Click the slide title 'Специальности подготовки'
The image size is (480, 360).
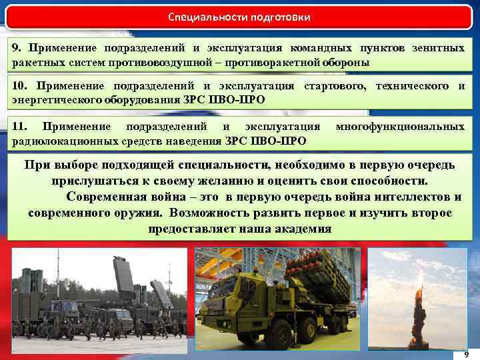(x=239, y=16)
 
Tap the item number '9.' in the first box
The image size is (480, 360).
(x=18, y=48)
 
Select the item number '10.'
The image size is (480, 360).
(x=21, y=86)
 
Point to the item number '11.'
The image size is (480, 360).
(x=20, y=126)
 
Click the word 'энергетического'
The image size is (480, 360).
(x=53, y=100)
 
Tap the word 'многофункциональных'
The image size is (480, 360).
(x=400, y=126)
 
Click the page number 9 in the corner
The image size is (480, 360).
(x=466, y=354)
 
